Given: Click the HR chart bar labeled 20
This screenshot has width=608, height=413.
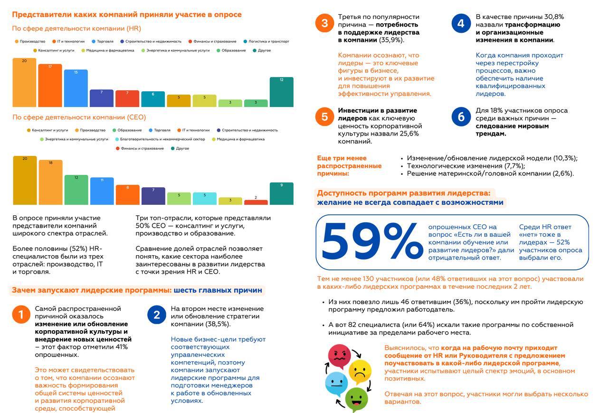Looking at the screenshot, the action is pos(24,83).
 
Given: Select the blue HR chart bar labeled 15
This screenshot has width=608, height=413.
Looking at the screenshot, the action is pos(76,88).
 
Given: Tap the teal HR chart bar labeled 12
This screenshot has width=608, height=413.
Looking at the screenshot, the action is pos(282,92).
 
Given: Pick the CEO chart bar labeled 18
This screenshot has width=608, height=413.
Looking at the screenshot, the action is pos(50,182).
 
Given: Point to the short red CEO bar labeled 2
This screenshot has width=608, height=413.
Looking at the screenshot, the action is pos(256,202).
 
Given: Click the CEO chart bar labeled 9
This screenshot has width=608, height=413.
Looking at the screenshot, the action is pos(282,193).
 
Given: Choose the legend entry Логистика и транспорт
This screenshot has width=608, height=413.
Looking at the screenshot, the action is pos(266,41).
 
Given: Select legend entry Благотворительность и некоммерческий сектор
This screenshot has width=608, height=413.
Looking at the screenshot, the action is pos(160,139).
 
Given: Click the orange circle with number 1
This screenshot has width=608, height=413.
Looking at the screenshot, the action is pos(21,315).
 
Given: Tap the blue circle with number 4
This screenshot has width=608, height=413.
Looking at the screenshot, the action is pos(461,23).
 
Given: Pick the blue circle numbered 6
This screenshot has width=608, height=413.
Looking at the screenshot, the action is pos(461,117).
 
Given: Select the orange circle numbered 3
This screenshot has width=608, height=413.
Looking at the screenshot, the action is pos(324,23).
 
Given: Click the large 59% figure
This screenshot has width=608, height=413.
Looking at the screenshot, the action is pos(372,240).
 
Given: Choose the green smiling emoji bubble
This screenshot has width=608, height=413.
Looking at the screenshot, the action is pos(356,400).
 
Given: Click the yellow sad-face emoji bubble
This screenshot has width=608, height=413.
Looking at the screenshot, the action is pos(360,372).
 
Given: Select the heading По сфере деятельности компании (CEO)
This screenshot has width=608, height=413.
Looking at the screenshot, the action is pos(79,117).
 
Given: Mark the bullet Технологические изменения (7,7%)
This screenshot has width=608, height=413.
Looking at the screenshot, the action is pos(466,166).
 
